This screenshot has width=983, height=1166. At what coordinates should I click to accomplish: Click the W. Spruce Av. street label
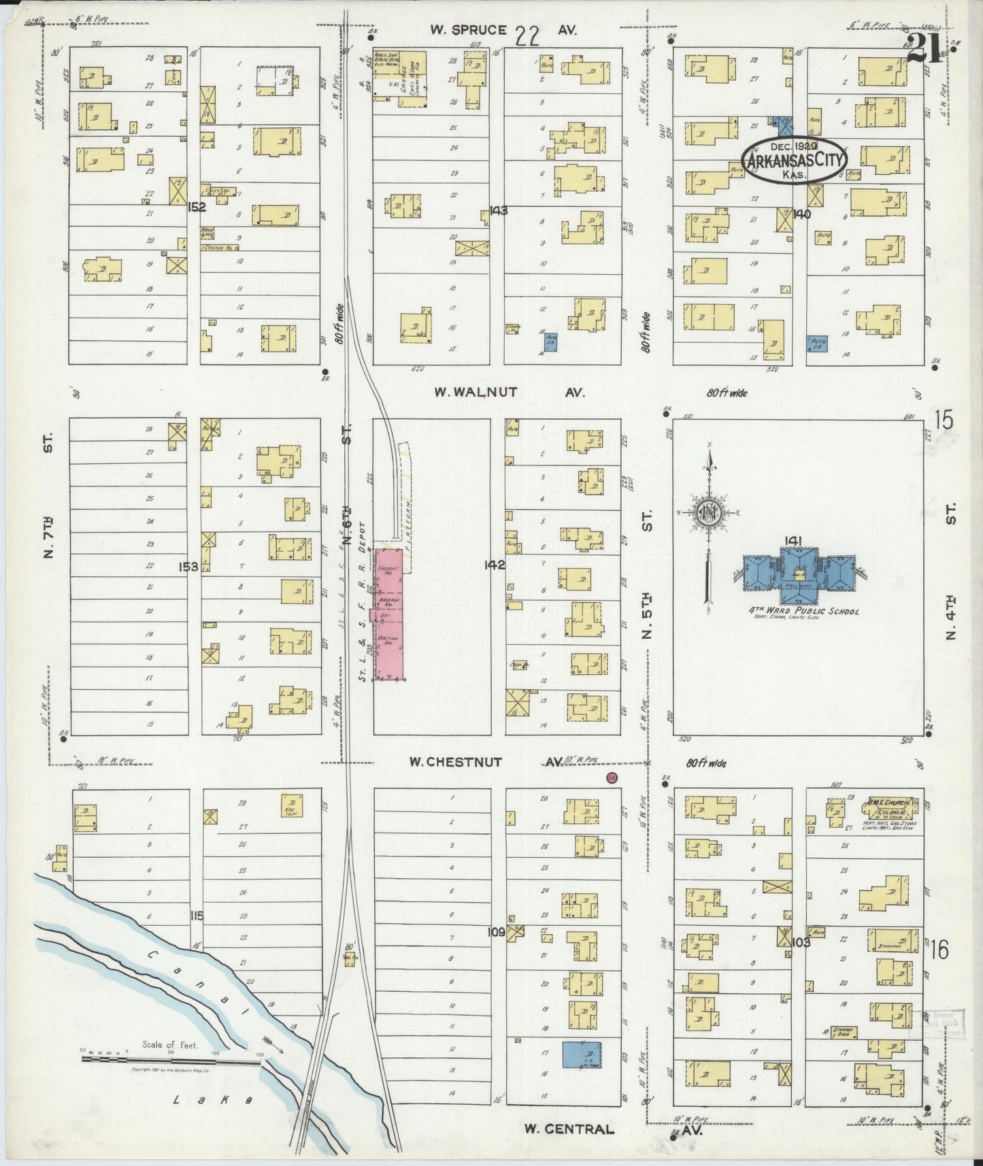pyautogui.click(x=503, y=31)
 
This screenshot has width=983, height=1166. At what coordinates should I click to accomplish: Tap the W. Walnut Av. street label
pyautogui.click(x=510, y=393)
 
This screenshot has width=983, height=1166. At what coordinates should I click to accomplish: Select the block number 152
pyautogui.click(x=197, y=207)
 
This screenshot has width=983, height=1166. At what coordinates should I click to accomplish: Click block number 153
pyautogui.click(x=188, y=566)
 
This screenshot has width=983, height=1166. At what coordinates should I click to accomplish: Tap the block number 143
pyautogui.click(x=497, y=211)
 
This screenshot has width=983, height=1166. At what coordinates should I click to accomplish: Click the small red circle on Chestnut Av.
pyautogui.click(x=612, y=778)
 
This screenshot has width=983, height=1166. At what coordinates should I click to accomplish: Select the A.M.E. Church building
pyautogui.click(x=891, y=809)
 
